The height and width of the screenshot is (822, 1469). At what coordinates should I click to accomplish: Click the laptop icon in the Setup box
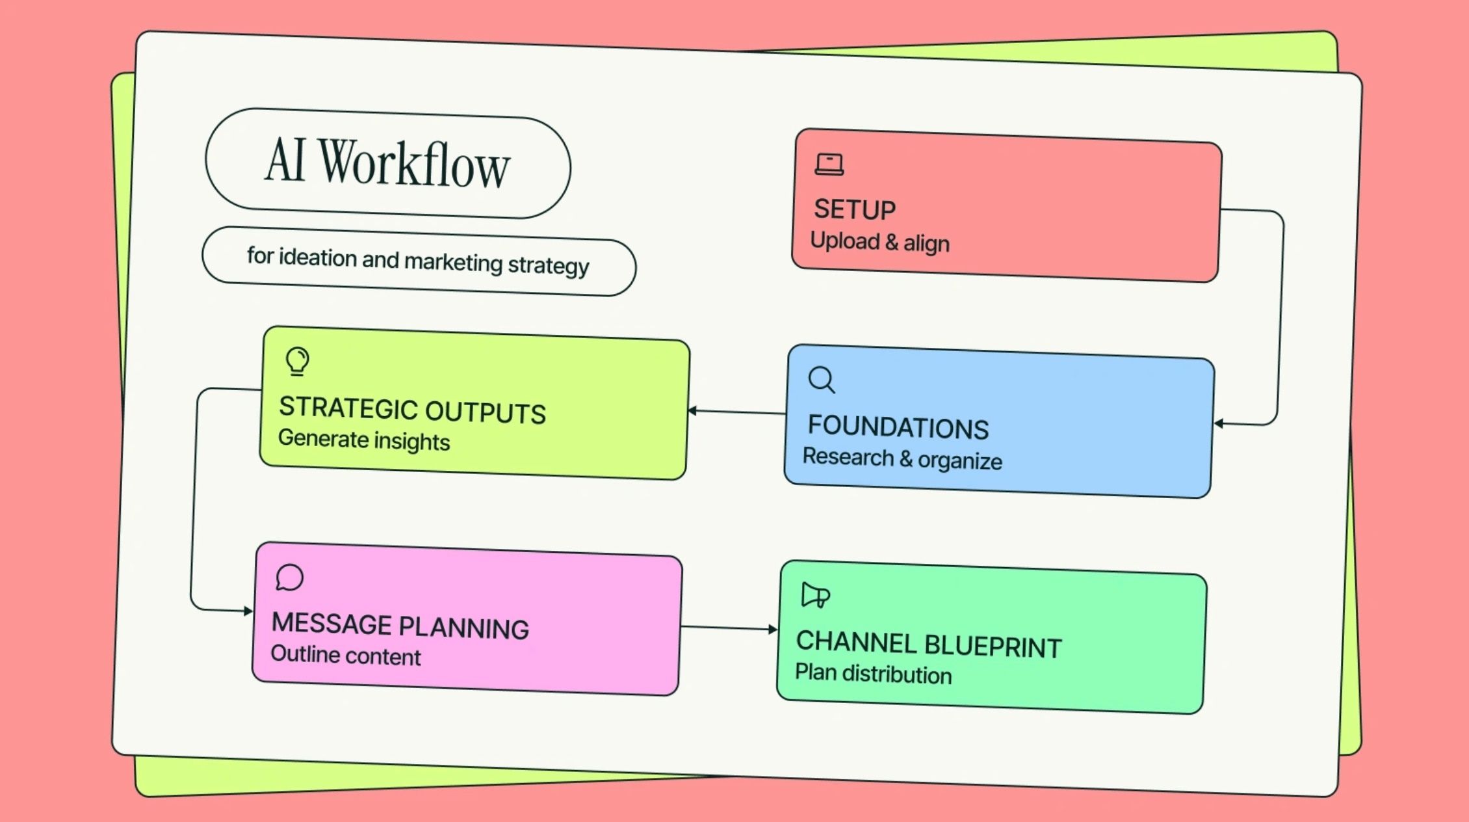click(829, 165)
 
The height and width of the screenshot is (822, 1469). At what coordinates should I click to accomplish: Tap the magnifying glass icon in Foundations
click(822, 380)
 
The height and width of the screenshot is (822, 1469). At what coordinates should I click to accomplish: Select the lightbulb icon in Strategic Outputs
click(298, 361)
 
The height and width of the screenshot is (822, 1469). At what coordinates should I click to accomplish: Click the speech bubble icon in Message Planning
click(289, 577)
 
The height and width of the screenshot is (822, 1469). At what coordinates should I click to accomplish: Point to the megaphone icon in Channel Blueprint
click(815, 595)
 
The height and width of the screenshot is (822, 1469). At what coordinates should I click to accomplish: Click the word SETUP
click(855, 209)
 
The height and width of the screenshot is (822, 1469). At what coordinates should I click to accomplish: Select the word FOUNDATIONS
click(898, 427)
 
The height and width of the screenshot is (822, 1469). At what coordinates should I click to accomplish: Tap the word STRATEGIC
click(348, 408)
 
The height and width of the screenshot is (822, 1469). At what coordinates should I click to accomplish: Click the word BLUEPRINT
click(993, 646)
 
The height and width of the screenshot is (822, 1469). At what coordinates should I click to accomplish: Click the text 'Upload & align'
click(879, 242)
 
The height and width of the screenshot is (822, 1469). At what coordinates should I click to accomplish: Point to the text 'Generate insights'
click(364, 440)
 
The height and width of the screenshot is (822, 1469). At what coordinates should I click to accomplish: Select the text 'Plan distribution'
click(873, 674)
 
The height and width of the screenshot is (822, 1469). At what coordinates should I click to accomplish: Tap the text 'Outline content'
click(345, 655)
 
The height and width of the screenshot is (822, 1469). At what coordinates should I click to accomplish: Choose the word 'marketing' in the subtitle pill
click(453, 261)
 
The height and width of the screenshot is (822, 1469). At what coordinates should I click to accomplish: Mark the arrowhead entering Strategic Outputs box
click(692, 410)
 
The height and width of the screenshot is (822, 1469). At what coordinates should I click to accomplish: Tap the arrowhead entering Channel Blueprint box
click(772, 629)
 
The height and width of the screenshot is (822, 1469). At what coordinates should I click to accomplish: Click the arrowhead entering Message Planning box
click(248, 611)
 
